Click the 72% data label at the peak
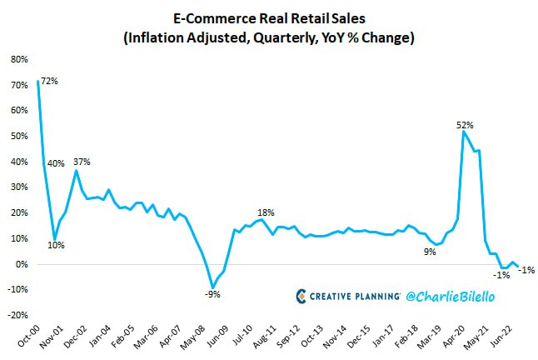tap(51, 81)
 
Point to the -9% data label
tap(213, 293)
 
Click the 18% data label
tap(266, 212)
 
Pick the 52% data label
tap(465, 125)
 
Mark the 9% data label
tap(430, 251)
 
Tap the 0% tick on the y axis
tap(21, 264)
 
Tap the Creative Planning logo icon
tap(303, 296)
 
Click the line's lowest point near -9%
tap(212, 287)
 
